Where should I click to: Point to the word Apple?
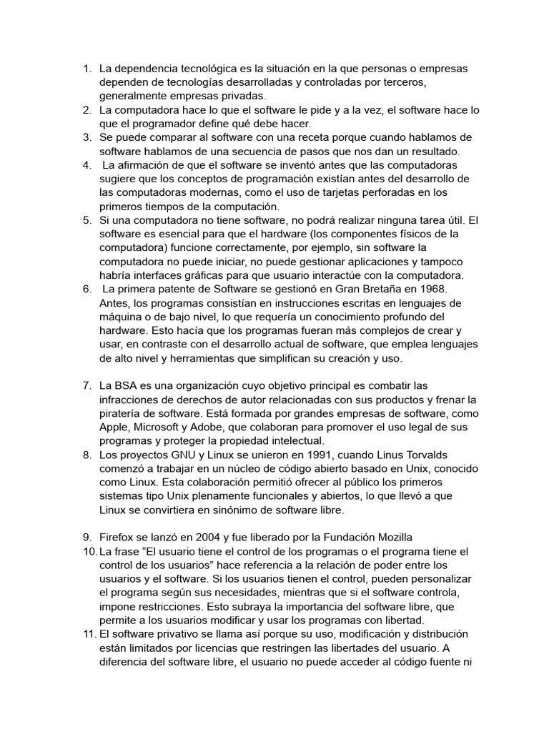(x=115, y=427)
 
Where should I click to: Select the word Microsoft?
(x=166, y=427)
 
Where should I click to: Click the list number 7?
(x=86, y=386)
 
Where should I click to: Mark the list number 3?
(x=86, y=137)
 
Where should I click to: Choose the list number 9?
(x=86, y=536)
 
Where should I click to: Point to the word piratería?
(x=122, y=413)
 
